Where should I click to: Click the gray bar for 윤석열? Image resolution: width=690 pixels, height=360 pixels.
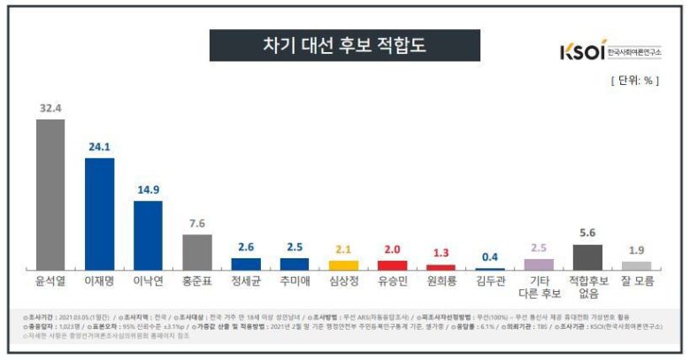50,194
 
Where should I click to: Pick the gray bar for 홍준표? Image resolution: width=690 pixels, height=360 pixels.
196,251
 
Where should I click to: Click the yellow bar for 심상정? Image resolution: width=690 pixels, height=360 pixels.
343,264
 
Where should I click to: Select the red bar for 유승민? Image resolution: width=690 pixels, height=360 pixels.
392,264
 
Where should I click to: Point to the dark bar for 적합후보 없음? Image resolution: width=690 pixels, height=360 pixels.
587,257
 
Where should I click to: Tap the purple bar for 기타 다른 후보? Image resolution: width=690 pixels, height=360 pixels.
539,264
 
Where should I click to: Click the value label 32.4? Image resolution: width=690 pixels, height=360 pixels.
50,111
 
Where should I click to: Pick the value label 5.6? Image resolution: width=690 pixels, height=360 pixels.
587,234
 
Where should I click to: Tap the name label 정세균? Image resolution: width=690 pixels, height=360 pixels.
245,281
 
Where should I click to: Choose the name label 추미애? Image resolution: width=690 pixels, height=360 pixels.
295,281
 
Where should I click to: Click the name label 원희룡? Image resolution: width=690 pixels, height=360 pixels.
441,281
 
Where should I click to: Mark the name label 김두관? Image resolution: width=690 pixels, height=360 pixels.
490,281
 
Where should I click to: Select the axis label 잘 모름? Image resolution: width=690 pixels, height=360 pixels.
636,281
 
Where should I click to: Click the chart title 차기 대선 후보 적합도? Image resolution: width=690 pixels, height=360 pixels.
344,45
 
